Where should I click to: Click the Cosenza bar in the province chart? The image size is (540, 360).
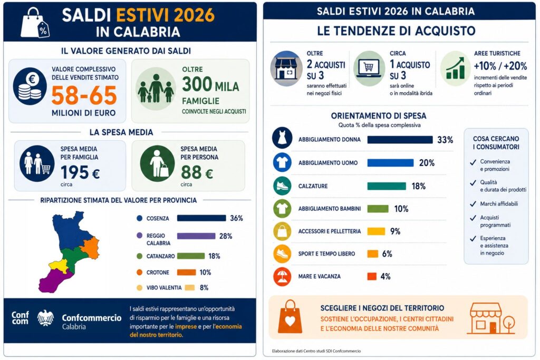click(x=201, y=218)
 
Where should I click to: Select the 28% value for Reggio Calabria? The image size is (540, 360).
click(x=226, y=236)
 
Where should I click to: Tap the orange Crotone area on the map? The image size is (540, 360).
click(x=91, y=248)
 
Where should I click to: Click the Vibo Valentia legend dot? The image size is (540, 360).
click(x=139, y=288)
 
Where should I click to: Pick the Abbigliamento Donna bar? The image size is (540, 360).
click(x=400, y=139)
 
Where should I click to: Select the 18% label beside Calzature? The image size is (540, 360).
click(x=418, y=186)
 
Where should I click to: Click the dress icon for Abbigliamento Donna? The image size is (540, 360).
click(x=282, y=138)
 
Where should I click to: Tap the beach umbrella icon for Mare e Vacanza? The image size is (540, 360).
click(x=282, y=276)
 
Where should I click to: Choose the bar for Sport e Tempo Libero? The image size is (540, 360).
click(x=373, y=254)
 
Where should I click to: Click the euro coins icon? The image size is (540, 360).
click(x=30, y=86)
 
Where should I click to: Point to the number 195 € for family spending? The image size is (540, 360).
click(x=80, y=172)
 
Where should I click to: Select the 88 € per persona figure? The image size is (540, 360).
click(x=197, y=172)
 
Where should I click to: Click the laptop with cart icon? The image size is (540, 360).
click(x=369, y=68)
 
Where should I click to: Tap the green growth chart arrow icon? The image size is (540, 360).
click(x=455, y=68)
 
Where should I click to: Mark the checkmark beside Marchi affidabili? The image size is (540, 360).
click(x=473, y=204)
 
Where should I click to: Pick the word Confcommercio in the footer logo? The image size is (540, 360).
click(x=92, y=318)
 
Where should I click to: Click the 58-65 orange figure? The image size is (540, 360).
click(x=84, y=95)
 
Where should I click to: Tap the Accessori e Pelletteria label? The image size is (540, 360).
click(x=330, y=231)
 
